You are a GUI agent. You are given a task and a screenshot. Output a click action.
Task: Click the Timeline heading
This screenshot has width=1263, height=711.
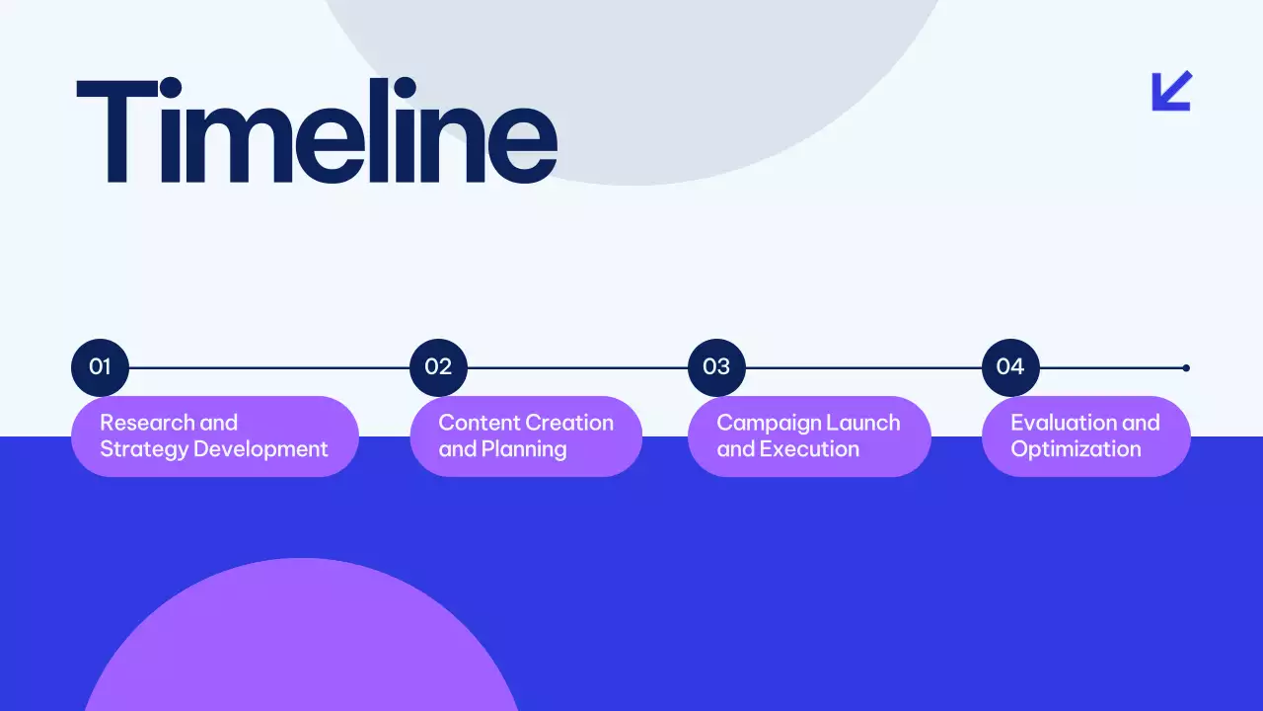pos(316,130)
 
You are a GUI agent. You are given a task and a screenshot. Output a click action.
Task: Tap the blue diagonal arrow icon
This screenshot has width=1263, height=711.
pos(1172,91)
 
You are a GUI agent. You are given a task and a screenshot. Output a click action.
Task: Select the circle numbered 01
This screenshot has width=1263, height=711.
pos(100,367)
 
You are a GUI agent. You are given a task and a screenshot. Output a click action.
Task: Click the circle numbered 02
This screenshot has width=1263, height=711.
pos(438,367)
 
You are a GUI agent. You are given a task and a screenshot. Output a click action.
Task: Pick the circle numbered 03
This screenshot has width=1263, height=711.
pos(716,367)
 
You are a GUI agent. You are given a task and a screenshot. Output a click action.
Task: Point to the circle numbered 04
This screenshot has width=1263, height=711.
pos(1010,367)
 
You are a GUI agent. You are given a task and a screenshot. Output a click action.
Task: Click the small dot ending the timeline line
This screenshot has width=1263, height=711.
pos(1186,367)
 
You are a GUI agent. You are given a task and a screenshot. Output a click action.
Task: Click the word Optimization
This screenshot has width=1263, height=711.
pos(1076,449)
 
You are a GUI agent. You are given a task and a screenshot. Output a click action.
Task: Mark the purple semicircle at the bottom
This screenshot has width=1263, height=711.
pos(301,642)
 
